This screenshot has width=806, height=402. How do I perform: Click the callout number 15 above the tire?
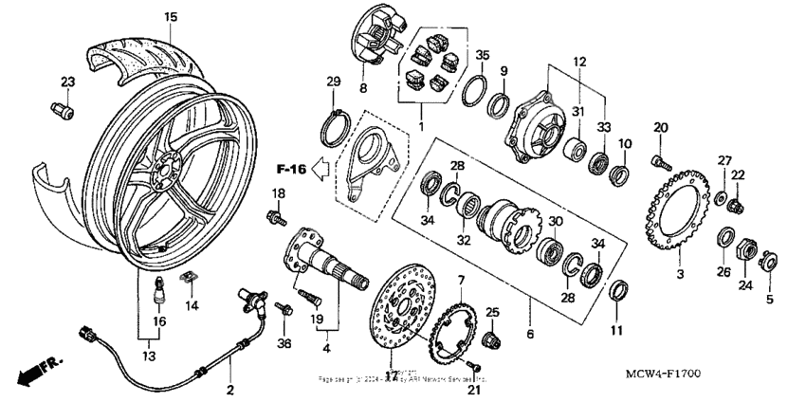[171, 17]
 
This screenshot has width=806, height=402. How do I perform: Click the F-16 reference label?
[291, 171]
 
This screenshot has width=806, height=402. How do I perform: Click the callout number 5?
[769, 300]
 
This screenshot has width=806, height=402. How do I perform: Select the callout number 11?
[616, 331]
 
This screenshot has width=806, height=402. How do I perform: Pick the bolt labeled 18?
[279, 218]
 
